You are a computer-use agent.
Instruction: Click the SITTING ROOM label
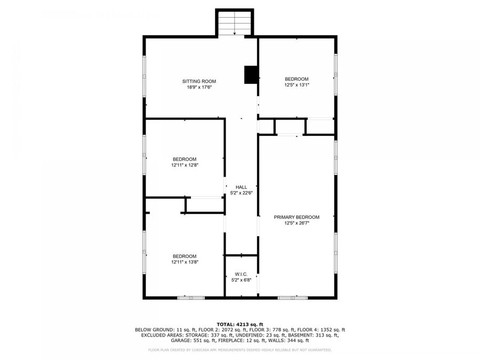coord(199,82)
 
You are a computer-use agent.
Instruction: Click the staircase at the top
coord(235,22)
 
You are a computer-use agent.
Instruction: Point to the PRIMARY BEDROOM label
coord(297,217)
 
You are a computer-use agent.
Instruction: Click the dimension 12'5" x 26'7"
coord(297,223)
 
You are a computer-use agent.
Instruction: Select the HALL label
coord(241,187)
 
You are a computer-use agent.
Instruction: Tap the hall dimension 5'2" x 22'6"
coord(241,193)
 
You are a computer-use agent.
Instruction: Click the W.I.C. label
coord(241,274)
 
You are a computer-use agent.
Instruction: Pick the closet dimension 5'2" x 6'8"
coord(241,280)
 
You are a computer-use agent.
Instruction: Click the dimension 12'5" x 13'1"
coord(296,85)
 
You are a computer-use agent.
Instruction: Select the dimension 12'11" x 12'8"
coord(184,165)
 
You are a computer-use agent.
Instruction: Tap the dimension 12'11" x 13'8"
coord(184,262)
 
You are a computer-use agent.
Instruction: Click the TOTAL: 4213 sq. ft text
coord(239,324)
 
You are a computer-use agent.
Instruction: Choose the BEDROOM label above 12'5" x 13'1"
coord(296,79)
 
